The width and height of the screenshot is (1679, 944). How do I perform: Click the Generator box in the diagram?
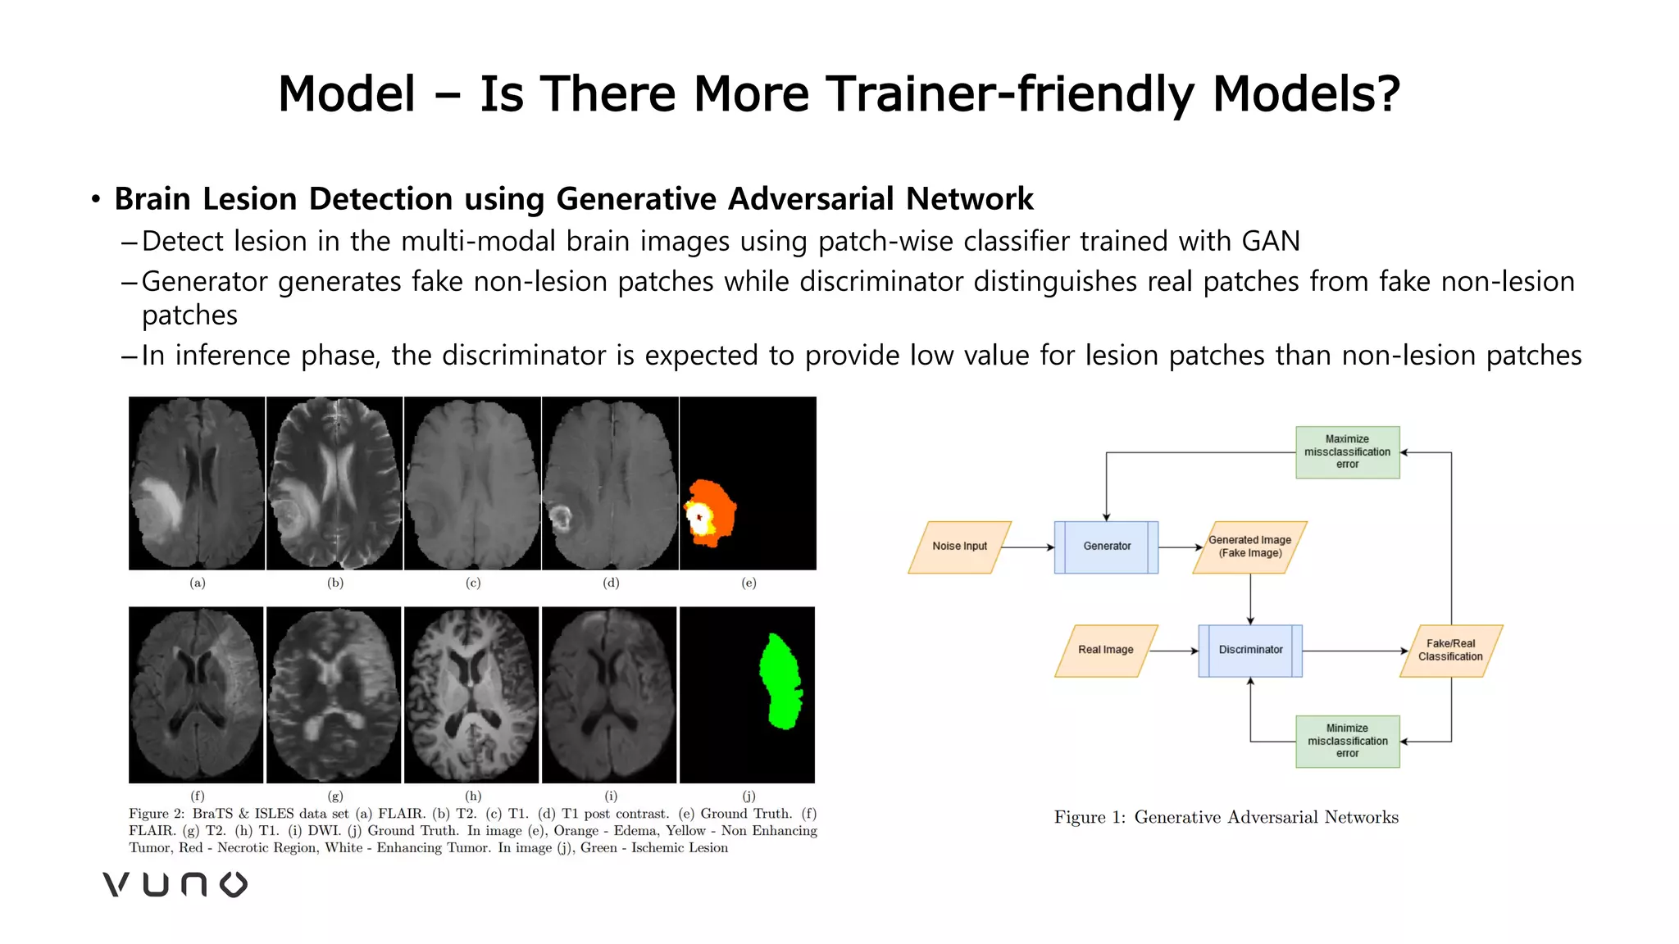1106,547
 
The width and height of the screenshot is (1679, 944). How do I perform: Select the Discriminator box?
1250,650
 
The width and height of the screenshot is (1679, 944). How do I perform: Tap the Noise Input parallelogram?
959,547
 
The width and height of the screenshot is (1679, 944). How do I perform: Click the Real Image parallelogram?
1105,650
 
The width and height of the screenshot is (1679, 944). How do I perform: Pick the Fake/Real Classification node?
1450,650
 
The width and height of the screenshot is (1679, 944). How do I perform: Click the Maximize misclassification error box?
1347,452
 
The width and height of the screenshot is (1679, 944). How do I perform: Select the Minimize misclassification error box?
1347,741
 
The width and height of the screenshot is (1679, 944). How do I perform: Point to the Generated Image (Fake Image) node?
1249,547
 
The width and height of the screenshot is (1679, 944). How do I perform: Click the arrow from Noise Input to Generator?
1027,547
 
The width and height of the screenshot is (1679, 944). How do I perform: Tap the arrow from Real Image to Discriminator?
1174,651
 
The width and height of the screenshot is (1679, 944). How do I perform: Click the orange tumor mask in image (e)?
719,501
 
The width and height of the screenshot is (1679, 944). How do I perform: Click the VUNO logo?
175,884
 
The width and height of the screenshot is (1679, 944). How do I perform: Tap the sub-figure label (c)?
473,583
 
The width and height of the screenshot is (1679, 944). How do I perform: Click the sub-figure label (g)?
335,795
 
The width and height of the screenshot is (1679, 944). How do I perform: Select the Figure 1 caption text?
1226,817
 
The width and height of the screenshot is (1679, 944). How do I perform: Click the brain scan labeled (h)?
471,695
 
